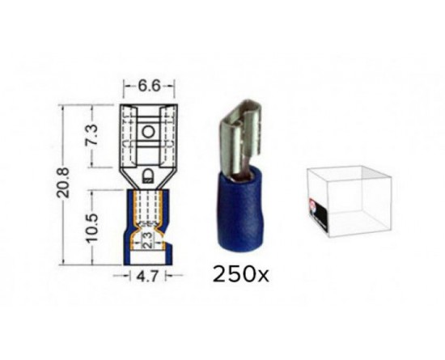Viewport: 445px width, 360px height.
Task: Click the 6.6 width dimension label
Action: pos(150,86)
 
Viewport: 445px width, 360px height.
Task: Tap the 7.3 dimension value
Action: pos(92,134)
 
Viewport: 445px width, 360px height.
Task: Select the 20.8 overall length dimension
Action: pos(63,183)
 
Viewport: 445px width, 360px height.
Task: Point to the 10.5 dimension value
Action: pos(92,227)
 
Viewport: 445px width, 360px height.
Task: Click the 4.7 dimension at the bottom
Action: pos(147,276)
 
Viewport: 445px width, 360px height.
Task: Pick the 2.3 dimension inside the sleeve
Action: pos(147,241)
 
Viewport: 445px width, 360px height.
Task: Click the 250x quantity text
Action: pos(240,274)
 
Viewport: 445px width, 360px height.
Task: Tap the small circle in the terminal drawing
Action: pos(148,132)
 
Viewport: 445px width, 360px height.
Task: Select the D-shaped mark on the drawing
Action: pos(147,176)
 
